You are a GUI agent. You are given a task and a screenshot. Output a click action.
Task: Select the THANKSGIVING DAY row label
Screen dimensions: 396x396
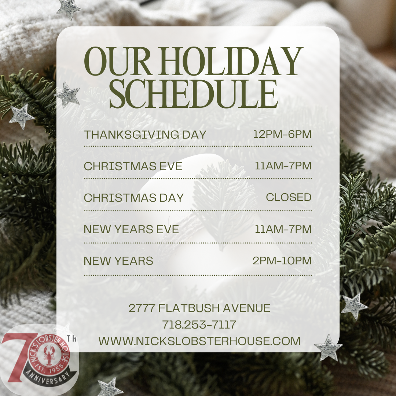coord(145,135)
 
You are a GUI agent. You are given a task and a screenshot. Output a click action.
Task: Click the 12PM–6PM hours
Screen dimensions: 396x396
coord(282,134)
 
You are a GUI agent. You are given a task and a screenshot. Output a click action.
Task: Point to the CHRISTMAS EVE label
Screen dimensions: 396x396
coord(133,166)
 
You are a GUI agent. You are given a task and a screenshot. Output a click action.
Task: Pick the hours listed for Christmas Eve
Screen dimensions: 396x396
coord(283,166)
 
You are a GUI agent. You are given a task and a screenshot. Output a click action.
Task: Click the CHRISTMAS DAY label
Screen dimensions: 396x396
coord(133,198)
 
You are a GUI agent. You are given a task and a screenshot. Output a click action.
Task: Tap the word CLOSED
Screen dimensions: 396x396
coord(289,197)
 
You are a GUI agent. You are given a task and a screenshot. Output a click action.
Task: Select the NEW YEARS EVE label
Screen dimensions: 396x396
coord(131,229)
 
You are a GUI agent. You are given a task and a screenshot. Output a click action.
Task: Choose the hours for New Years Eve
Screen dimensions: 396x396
coord(283,229)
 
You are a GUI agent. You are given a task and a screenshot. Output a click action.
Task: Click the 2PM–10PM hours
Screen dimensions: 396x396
coord(282,261)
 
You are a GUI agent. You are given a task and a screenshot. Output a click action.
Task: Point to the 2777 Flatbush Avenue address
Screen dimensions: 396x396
coord(199,308)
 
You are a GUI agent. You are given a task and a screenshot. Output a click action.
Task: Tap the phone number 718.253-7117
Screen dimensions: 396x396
coord(199,324)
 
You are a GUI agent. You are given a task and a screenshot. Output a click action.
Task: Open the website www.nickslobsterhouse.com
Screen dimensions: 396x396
coord(199,341)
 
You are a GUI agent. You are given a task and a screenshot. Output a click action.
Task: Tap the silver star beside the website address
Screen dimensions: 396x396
coord(328,347)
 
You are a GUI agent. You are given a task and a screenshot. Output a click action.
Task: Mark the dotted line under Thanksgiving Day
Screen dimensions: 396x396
coord(198,146)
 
